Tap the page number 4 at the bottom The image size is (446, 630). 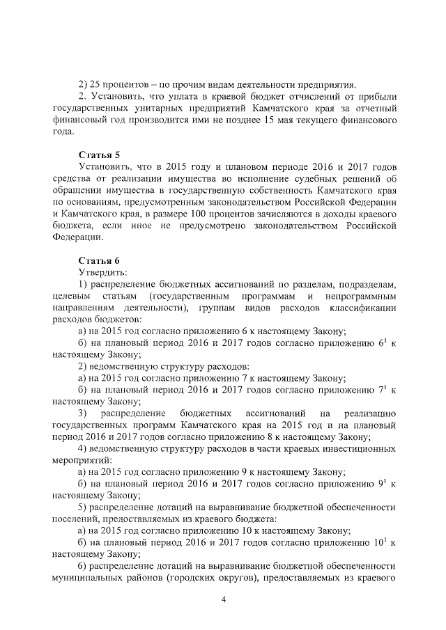coord(224,600)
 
